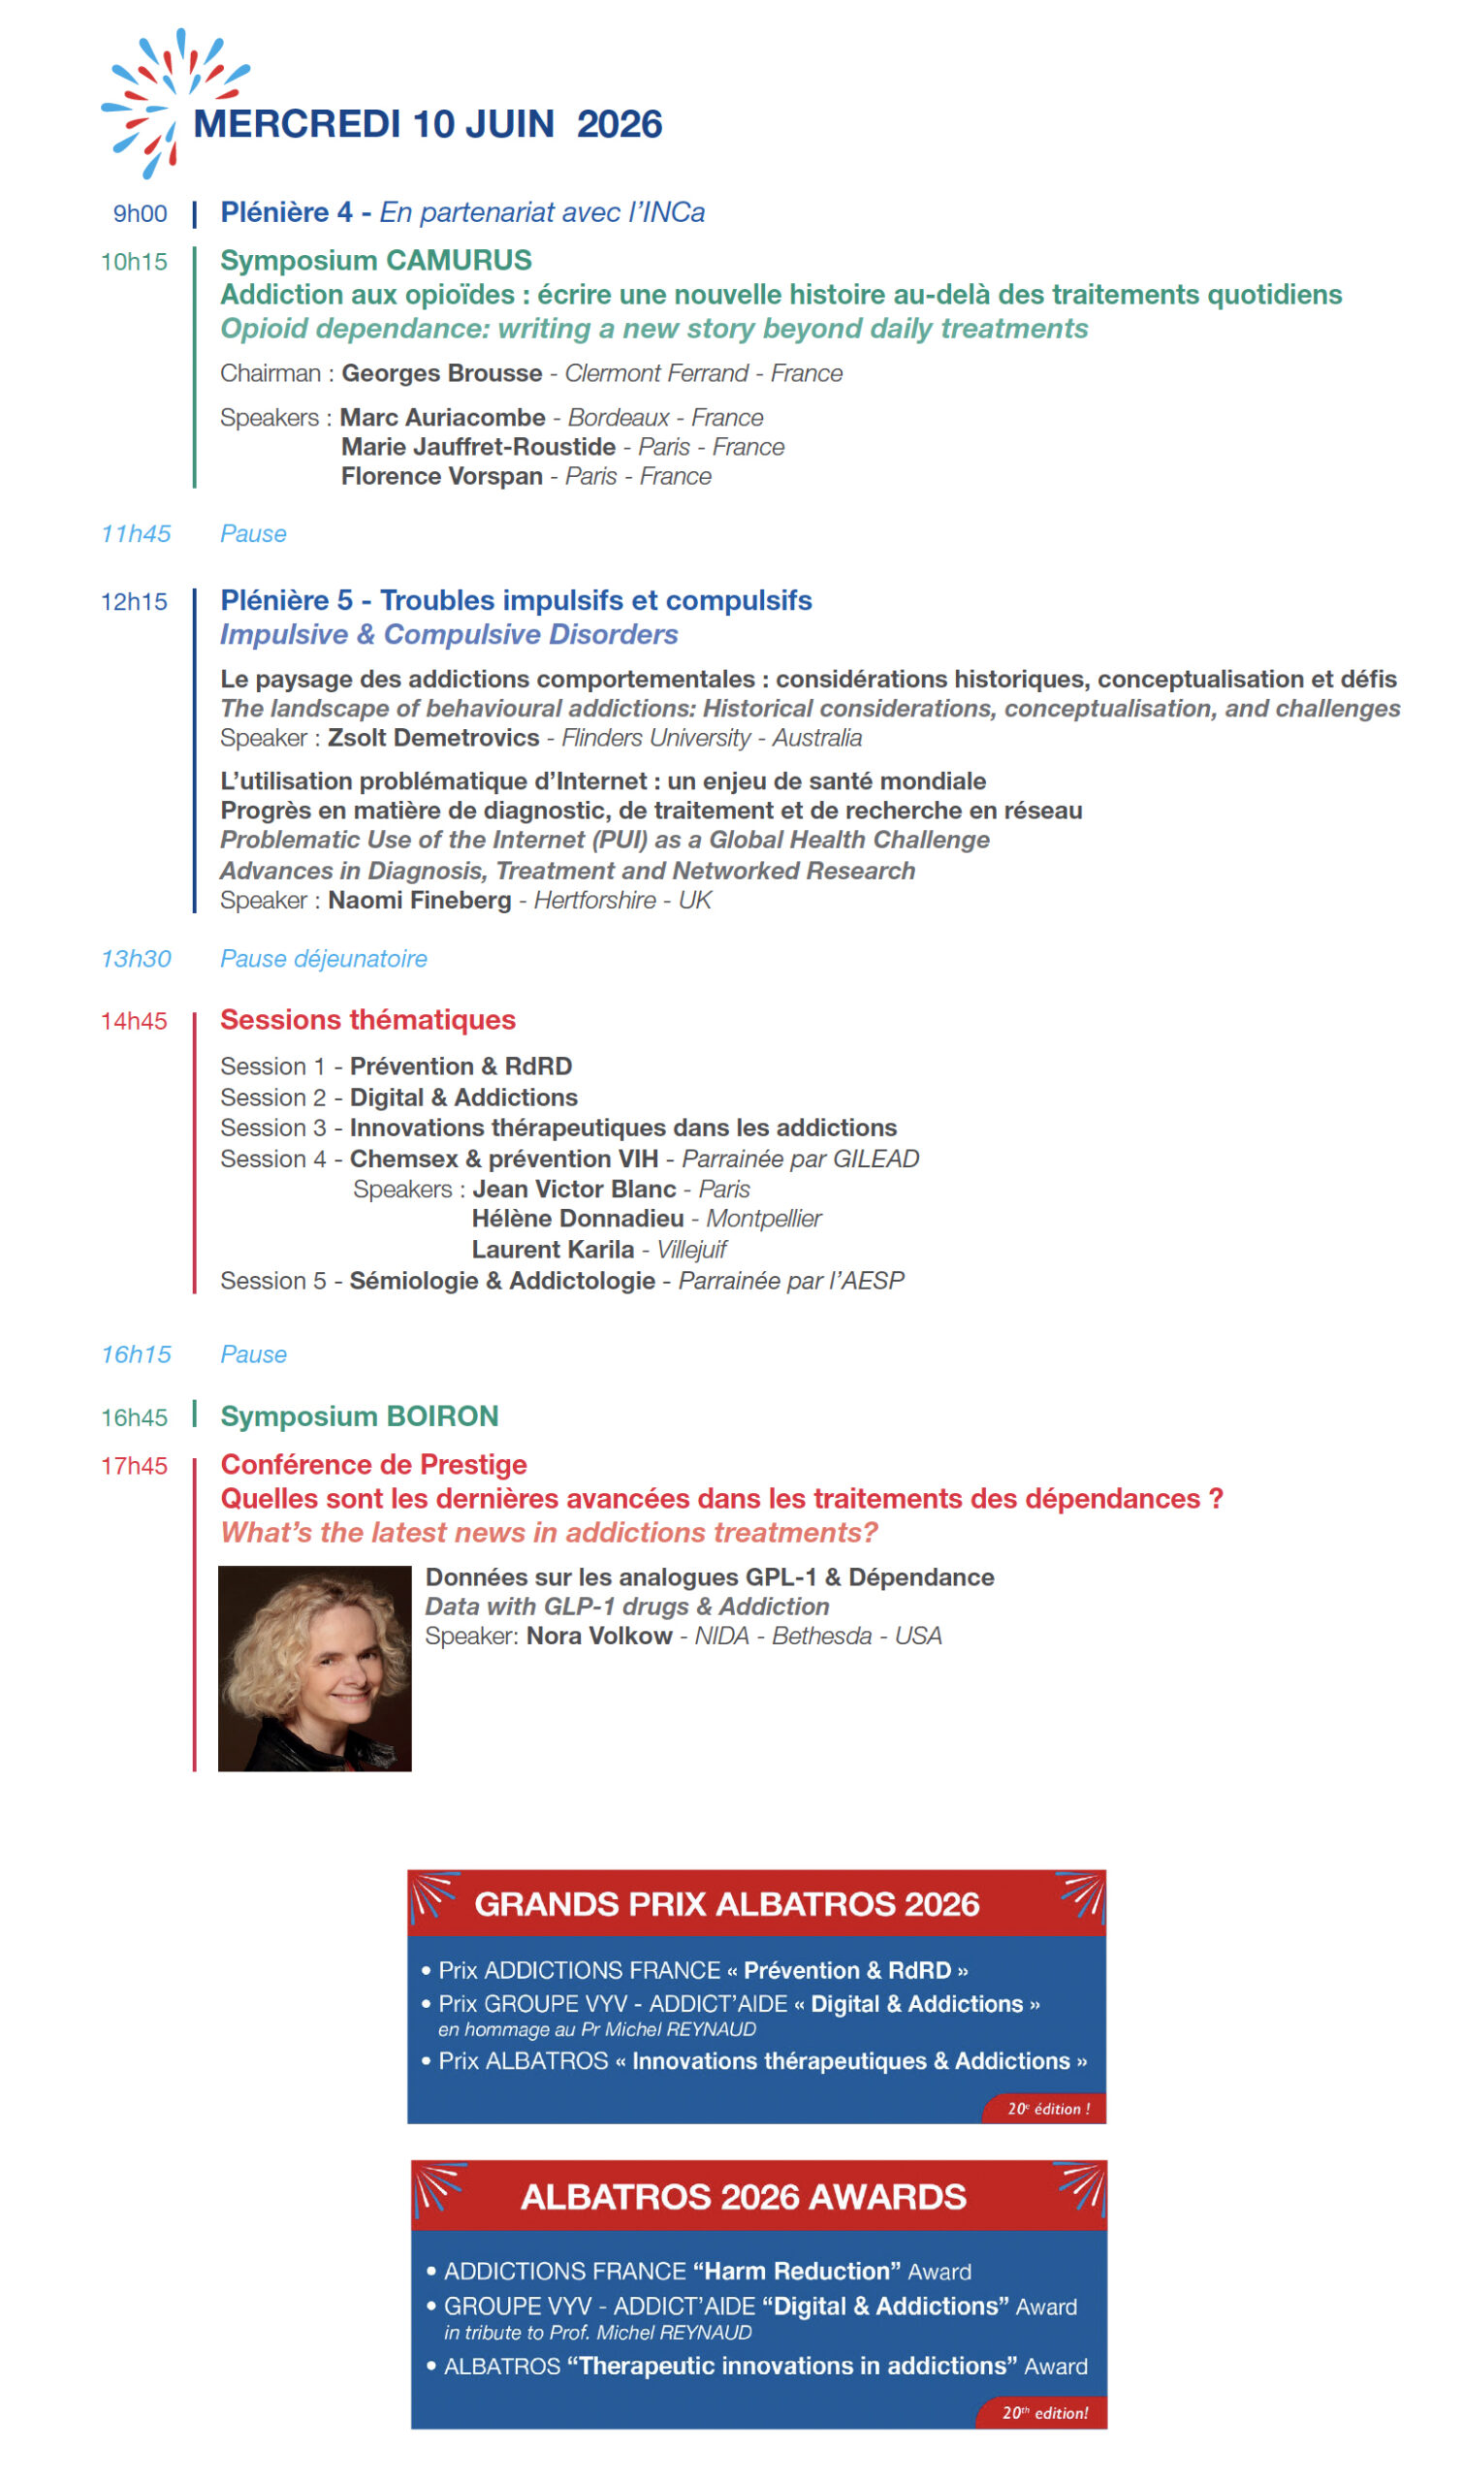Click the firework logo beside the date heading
168,101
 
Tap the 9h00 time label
140,214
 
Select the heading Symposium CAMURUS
376,261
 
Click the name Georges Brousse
442,374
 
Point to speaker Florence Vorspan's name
442,477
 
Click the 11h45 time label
136,534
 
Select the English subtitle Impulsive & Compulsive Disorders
449,635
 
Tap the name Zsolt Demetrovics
433,739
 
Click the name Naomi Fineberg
419,901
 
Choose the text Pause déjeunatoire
324,960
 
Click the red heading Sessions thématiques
368,1021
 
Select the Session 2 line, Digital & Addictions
398,1098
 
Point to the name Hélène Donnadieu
577,1220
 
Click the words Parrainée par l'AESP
791,1282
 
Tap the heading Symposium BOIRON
359,1417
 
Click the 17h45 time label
134,1467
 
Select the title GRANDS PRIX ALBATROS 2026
727,1905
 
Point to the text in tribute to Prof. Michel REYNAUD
598,2333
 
